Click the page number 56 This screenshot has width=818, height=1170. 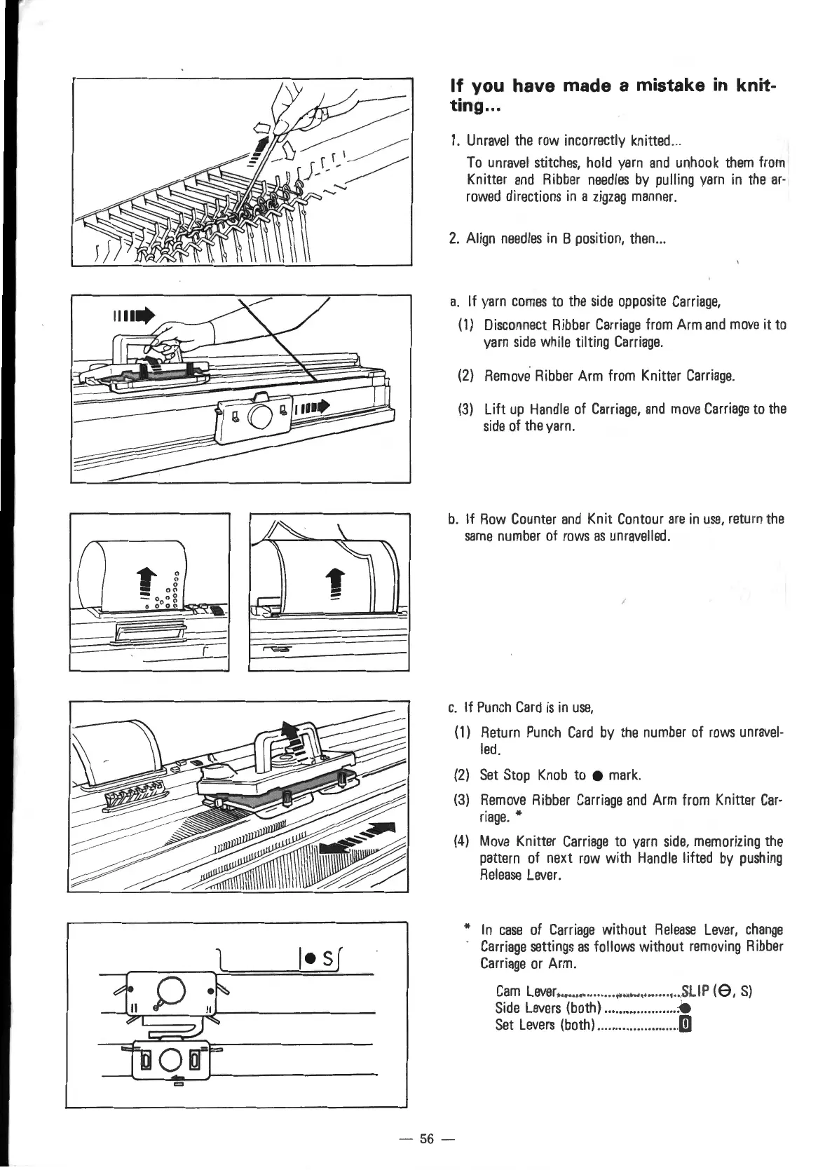pos(426,1138)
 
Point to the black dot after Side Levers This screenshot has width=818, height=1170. pos(683,1009)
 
